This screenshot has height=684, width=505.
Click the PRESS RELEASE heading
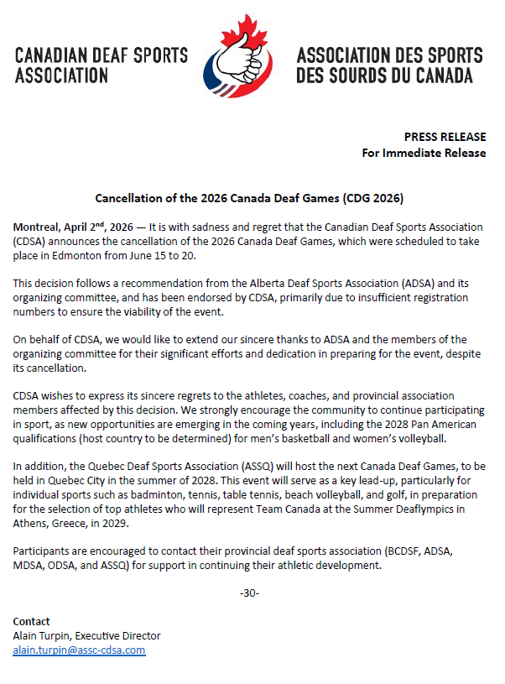[x=445, y=137]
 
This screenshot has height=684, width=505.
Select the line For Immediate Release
[x=424, y=153]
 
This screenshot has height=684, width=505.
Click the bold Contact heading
[x=32, y=621]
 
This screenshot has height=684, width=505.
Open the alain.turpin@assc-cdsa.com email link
[x=79, y=650]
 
